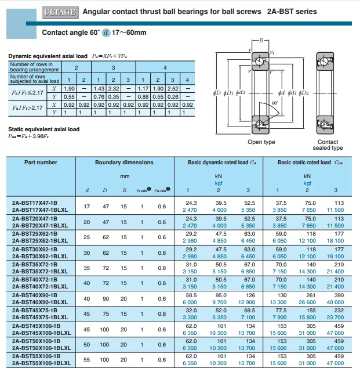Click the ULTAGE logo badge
[60, 11]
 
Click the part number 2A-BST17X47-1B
[35, 203]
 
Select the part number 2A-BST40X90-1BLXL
[39, 301]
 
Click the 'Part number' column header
[41, 163]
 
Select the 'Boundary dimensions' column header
[124, 163]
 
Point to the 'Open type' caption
[261, 142]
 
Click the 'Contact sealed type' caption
[328, 145]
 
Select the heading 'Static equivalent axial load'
[44, 129]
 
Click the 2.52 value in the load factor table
[172, 88]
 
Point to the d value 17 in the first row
[87, 206]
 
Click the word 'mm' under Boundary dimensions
[124, 176]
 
